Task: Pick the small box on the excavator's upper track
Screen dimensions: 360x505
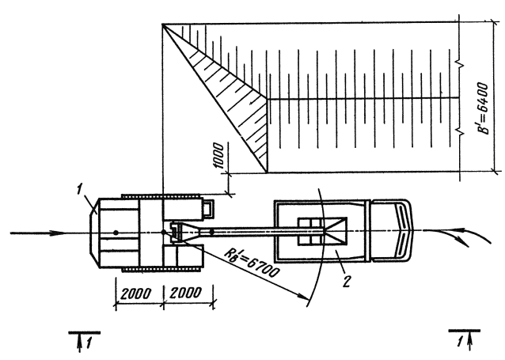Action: pos(209,209)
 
